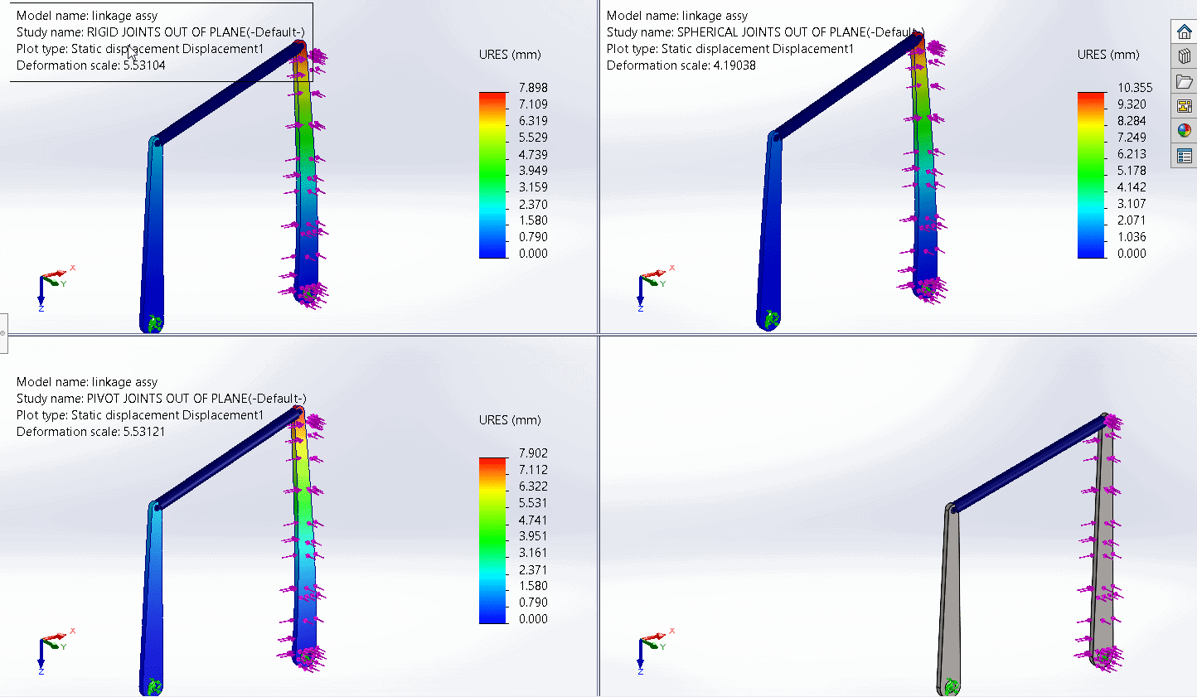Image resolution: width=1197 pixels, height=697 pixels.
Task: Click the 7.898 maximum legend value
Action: (x=533, y=88)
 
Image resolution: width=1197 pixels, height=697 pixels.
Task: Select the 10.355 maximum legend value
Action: (x=1134, y=88)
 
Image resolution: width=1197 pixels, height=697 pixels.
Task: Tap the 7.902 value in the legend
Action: (x=533, y=453)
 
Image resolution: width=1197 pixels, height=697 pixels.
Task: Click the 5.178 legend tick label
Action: (x=1132, y=171)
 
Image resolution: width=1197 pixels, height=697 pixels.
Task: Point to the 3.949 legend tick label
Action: (x=533, y=171)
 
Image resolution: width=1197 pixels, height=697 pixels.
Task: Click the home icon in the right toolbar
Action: (x=1184, y=32)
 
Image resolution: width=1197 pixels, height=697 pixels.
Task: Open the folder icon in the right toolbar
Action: (x=1184, y=81)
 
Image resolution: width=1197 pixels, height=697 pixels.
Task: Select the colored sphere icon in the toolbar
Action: (x=1184, y=131)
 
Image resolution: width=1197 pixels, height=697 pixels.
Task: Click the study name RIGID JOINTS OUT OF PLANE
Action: (x=196, y=32)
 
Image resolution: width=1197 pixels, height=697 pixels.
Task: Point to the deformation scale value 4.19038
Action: (x=734, y=65)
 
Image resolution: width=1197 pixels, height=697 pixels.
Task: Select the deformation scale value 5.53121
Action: (x=143, y=432)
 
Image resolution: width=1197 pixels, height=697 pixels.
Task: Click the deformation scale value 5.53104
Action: (x=143, y=65)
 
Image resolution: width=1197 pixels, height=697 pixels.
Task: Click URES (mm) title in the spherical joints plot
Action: (x=1108, y=55)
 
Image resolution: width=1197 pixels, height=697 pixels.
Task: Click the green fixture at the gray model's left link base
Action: (x=951, y=686)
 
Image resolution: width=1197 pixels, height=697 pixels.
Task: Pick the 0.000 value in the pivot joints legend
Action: (x=533, y=619)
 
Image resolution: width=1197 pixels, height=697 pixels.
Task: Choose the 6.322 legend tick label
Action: (x=533, y=486)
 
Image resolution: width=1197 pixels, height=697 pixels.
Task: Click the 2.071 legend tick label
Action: (x=1132, y=220)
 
